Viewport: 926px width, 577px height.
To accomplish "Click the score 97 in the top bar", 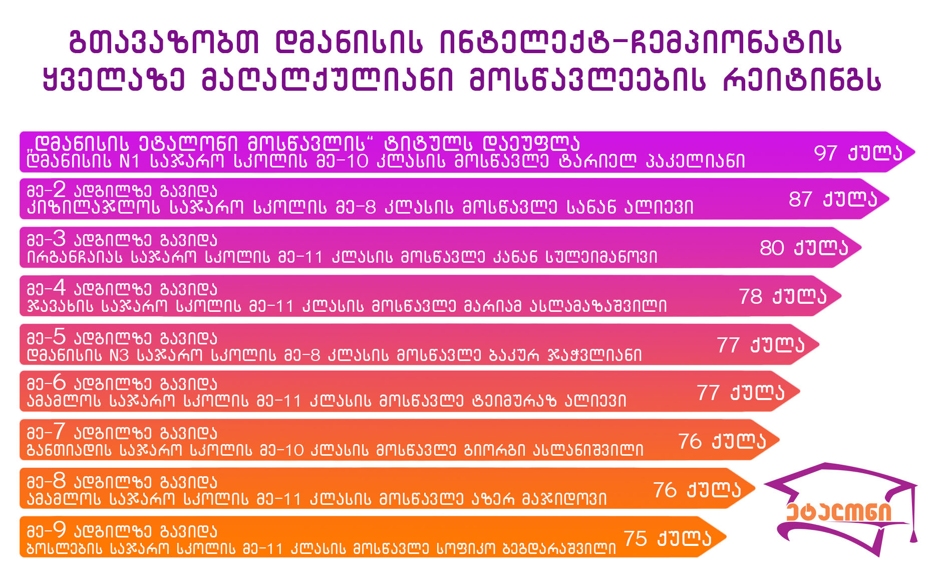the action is click(825, 153).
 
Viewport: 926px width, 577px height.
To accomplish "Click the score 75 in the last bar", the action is click(636, 538).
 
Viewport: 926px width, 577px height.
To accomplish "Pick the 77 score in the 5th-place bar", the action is click(728, 345).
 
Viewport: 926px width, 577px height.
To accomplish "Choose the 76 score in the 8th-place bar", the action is click(665, 490).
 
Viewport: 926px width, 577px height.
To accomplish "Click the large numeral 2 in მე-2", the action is click(59, 189).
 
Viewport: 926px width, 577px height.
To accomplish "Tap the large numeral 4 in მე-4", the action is click(59, 288).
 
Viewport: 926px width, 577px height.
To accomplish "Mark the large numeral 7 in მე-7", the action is click(59, 432).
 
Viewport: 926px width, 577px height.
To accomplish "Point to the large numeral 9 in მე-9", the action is click(59, 530).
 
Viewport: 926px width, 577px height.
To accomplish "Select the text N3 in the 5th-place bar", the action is click(119, 355).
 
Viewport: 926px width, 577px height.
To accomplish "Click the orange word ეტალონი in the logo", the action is click(838, 512).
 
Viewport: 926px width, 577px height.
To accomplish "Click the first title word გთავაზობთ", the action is click(164, 42).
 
